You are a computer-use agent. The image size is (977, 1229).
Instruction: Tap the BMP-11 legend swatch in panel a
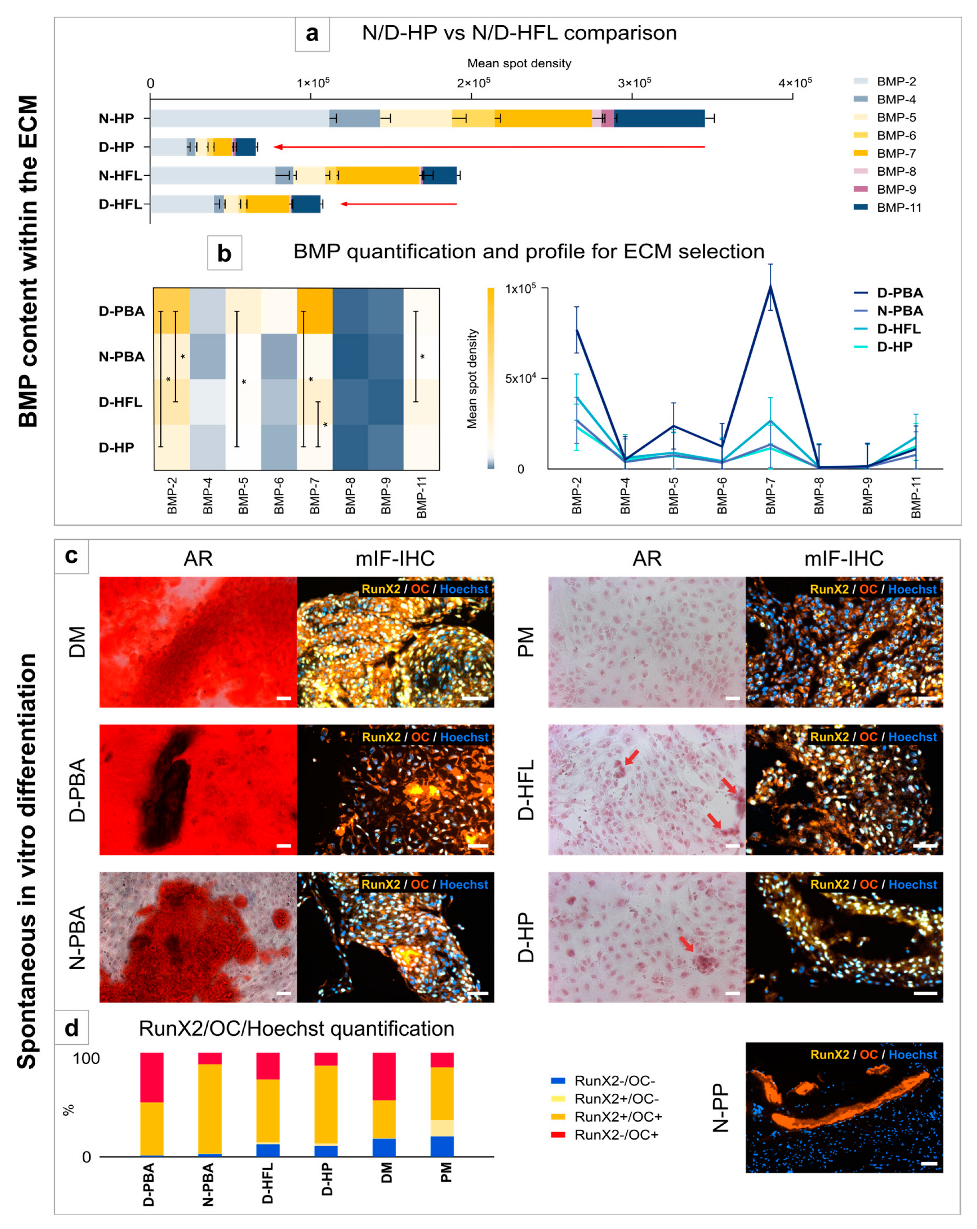[860, 207]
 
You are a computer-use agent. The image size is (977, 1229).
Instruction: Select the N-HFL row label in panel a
[120, 176]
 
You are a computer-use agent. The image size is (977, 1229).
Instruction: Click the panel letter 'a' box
[312, 33]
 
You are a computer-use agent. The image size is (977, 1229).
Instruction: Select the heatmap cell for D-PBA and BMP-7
[315, 311]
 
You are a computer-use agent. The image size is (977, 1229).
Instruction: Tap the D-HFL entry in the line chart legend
[899, 329]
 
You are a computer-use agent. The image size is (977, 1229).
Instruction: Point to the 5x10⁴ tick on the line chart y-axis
[520, 379]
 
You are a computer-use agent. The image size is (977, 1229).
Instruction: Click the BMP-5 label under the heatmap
[243, 495]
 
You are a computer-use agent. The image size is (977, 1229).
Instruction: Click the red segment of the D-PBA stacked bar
[152, 1078]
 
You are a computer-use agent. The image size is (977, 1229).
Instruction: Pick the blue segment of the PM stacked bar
[442, 1146]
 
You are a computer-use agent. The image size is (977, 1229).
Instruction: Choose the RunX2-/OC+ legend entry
[615, 1135]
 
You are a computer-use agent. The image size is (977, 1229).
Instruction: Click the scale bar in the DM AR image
[283, 698]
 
